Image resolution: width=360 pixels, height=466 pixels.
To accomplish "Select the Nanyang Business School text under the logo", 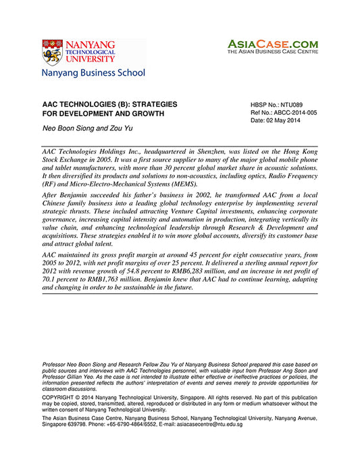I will (x=93, y=72).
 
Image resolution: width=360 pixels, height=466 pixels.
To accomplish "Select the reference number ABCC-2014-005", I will (x=292, y=113).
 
